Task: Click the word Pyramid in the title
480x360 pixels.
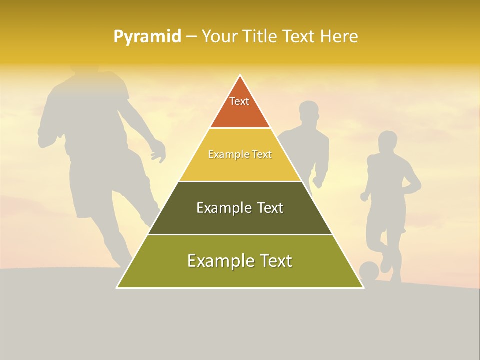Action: [x=147, y=37]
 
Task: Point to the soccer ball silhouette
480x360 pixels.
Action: [x=369, y=271]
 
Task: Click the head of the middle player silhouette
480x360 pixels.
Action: [x=309, y=113]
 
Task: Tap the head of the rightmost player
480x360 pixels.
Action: [x=387, y=142]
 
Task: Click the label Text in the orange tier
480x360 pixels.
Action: [x=239, y=101]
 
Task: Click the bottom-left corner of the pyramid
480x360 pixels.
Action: [x=117, y=287]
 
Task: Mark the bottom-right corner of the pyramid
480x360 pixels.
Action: [x=363, y=287]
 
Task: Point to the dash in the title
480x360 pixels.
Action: [x=190, y=37]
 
